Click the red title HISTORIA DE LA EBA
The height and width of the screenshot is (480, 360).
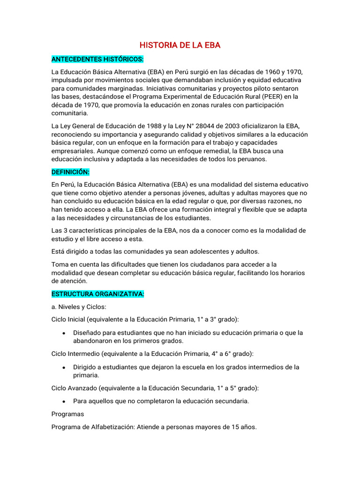(x=180, y=45)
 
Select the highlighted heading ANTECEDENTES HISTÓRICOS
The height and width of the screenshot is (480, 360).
(x=97, y=60)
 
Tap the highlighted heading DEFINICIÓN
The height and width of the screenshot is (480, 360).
(x=70, y=172)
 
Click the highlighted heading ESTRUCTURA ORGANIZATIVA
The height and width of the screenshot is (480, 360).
(x=97, y=294)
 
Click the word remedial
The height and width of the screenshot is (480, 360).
(x=217, y=151)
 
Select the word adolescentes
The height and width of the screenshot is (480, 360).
(x=194, y=251)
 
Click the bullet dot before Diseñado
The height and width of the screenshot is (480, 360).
(x=63, y=333)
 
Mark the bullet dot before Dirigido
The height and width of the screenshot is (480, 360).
(x=63, y=367)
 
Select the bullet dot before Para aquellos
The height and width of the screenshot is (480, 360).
(x=63, y=401)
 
